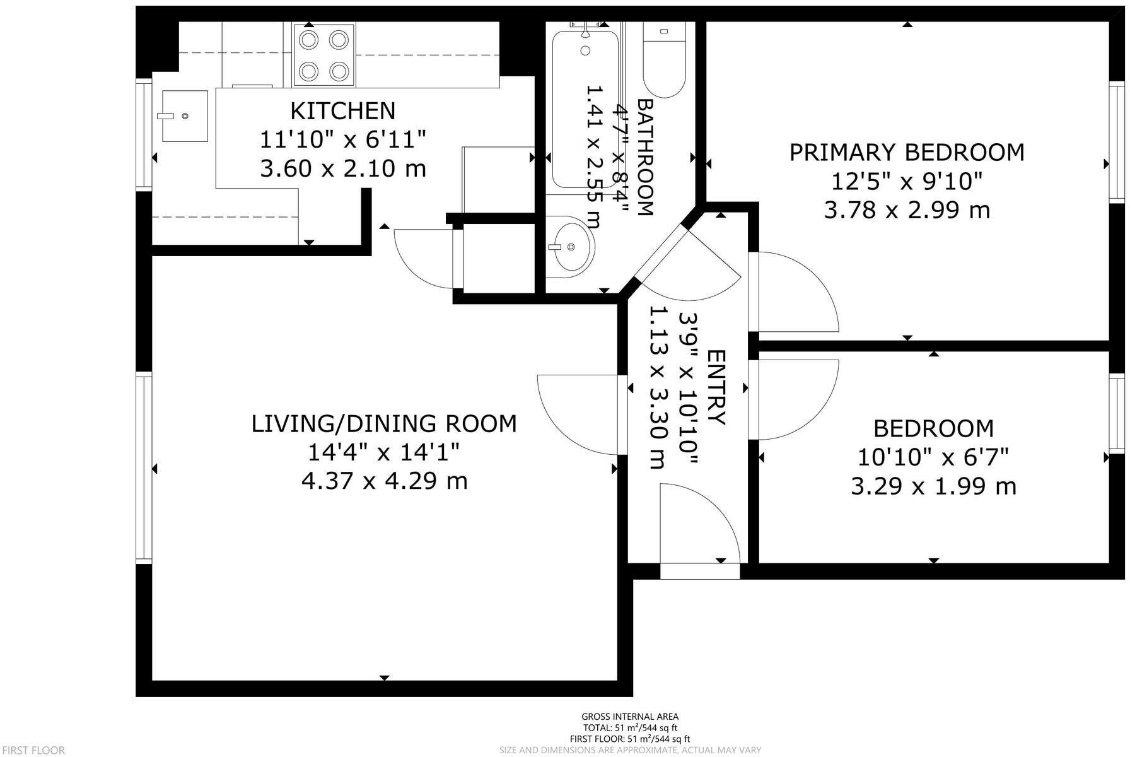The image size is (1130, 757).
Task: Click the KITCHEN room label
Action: click(342, 110)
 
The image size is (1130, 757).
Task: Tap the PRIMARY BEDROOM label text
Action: click(907, 153)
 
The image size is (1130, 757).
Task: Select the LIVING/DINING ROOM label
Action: click(384, 423)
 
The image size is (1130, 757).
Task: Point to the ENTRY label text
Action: click(716, 387)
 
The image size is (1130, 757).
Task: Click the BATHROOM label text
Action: click(644, 157)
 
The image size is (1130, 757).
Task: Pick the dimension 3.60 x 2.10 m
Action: click(342, 168)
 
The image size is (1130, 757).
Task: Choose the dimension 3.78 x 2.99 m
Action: click(907, 210)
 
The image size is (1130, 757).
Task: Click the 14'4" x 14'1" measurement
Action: click(384, 452)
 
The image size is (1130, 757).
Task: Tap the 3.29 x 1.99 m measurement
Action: click(933, 486)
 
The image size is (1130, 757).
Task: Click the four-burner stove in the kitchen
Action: click(324, 55)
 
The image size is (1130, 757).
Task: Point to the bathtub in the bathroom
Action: click(585, 109)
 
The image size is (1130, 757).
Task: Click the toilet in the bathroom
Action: click(664, 61)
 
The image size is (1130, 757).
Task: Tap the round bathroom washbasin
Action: click(570, 247)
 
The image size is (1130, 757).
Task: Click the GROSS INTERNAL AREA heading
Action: click(629, 716)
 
